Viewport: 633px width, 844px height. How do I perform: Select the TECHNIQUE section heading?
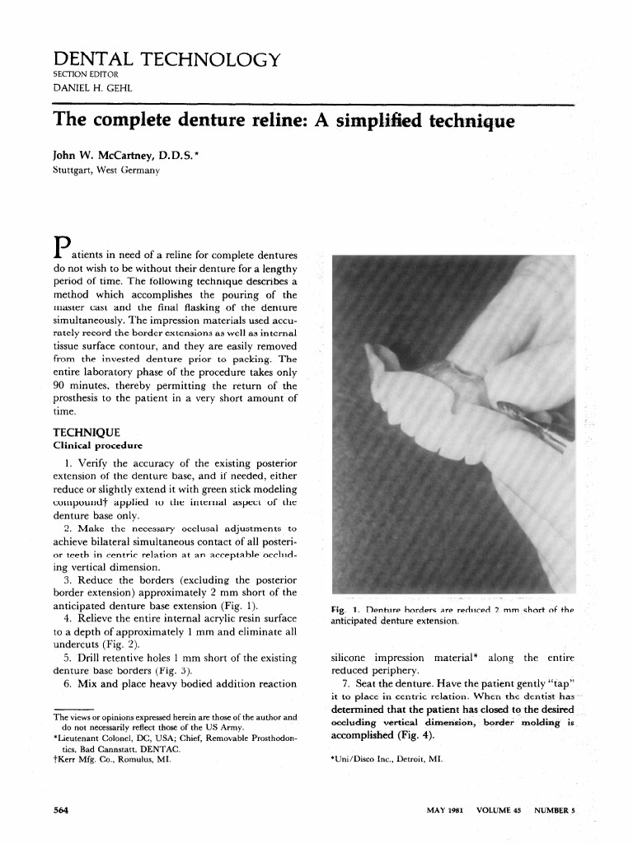pyautogui.click(x=87, y=432)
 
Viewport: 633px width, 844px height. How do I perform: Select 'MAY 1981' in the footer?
pyautogui.click(x=444, y=810)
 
